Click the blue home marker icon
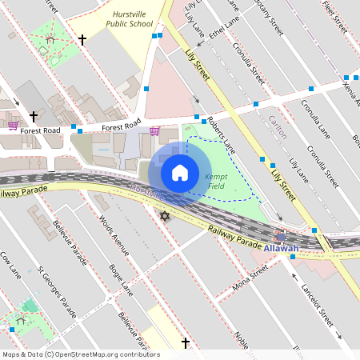point(180,173)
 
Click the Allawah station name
point(281,249)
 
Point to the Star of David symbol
point(166,217)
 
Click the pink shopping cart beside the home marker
point(154,130)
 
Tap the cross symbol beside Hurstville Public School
point(82,39)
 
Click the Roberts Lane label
point(221,134)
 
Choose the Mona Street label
point(249,279)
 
